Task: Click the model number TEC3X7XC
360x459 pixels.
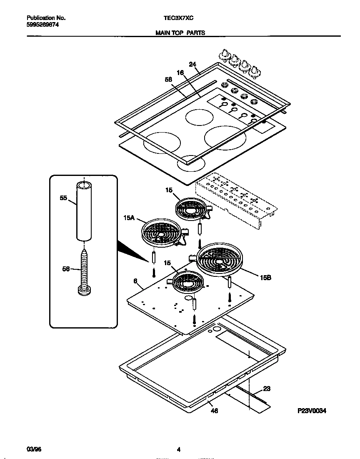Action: pos(178,18)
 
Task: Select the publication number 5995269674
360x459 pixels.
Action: pos(42,25)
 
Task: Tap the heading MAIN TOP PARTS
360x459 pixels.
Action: pos(180,33)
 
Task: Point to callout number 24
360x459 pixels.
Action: pos(192,64)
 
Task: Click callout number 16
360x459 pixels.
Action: pos(180,73)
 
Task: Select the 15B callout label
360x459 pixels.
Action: pos(266,276)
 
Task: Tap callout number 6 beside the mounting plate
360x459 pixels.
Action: pos(135,281)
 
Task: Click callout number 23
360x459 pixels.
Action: pos(267,389)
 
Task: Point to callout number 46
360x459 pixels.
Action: pos(214,411)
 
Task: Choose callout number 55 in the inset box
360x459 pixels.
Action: pos(63,199)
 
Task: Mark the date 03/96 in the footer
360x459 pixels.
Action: pos(34,449)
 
